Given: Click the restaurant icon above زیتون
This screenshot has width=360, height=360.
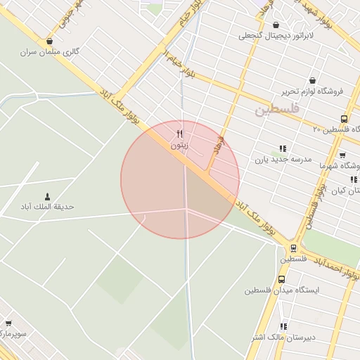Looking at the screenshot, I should pos(180,134).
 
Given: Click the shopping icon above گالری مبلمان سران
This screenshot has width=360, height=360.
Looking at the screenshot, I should pos(49,41).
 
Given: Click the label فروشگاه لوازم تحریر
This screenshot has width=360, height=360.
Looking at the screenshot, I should pos(312,91).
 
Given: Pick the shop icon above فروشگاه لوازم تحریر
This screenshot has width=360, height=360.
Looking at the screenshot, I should pos(312,80).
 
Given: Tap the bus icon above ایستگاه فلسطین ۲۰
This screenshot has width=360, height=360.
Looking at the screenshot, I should pos(343,119).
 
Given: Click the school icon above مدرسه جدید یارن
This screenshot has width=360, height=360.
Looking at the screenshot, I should pos(283,148).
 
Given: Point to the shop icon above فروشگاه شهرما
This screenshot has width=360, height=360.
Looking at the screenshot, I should pos(342,155).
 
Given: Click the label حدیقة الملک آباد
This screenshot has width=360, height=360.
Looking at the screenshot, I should pos(48,207).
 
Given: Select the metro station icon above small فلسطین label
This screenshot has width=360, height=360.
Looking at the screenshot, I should pos(293,248).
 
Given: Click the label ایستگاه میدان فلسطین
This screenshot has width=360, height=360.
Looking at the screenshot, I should pos(282,290).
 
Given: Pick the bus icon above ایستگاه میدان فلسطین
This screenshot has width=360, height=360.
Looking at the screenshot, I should pos(282,279).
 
